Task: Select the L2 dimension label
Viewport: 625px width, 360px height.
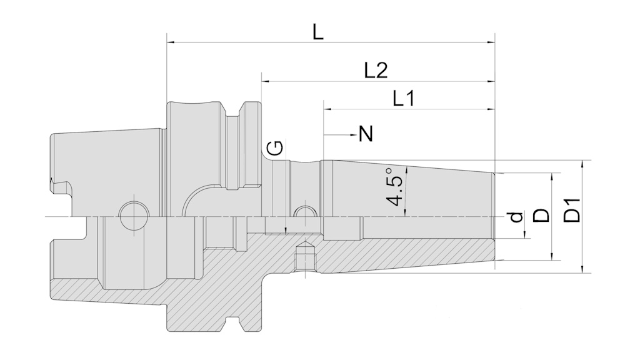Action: tap(376, 71)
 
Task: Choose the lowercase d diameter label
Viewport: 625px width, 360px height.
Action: tap(515, 217)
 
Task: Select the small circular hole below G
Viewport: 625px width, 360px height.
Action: tap(304, 214)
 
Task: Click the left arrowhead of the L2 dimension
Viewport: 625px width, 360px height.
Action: tap(266, 81)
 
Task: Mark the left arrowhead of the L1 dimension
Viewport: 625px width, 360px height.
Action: tap(327, 109)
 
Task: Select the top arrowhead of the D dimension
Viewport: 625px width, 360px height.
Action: tap(552, 177)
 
